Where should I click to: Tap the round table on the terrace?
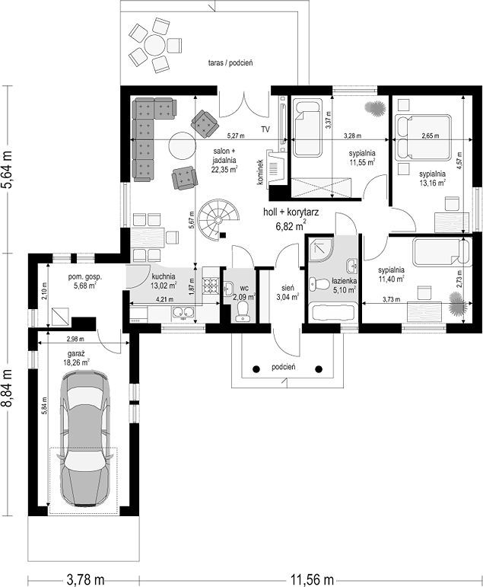[x=155, y=45]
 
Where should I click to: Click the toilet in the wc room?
[x=243, y=311]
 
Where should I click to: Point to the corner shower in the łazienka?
[x=321, y=248]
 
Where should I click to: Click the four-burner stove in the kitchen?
[x=211, y=286]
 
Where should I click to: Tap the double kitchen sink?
[x=183, y=312]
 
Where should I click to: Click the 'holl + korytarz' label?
[x=291, y=212]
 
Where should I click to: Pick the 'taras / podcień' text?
[x=230, y=62]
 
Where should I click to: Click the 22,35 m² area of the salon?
[x=224, y=169]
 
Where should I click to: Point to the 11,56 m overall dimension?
[x=311, y=580]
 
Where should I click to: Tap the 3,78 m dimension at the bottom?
[x=85, y=580]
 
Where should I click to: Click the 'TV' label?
[x=265, y=129]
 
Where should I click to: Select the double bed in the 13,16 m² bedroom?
[x=423, y=138]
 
